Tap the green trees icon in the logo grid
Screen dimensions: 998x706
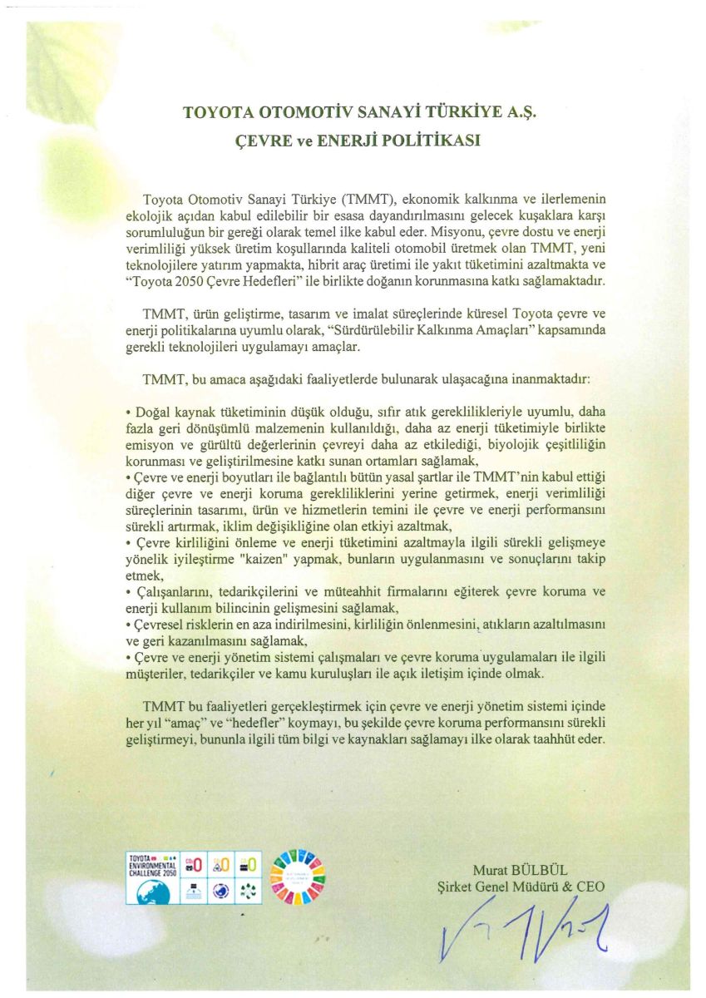click(249, 889)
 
